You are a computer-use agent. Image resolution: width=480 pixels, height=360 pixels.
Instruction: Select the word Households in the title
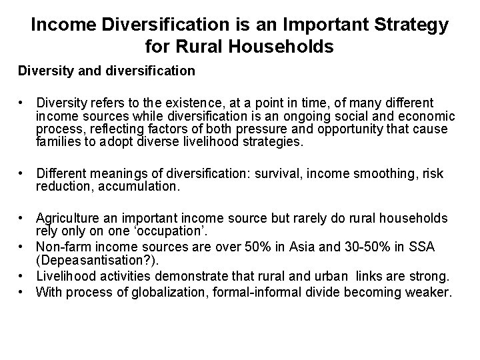tap(277, 47)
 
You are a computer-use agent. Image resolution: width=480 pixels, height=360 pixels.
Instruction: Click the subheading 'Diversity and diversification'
tap(107, 70)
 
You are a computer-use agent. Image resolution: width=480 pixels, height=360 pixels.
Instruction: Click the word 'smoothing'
tap(382, 174)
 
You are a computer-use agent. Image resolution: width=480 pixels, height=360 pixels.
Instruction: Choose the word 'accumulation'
tap(139, 187)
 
